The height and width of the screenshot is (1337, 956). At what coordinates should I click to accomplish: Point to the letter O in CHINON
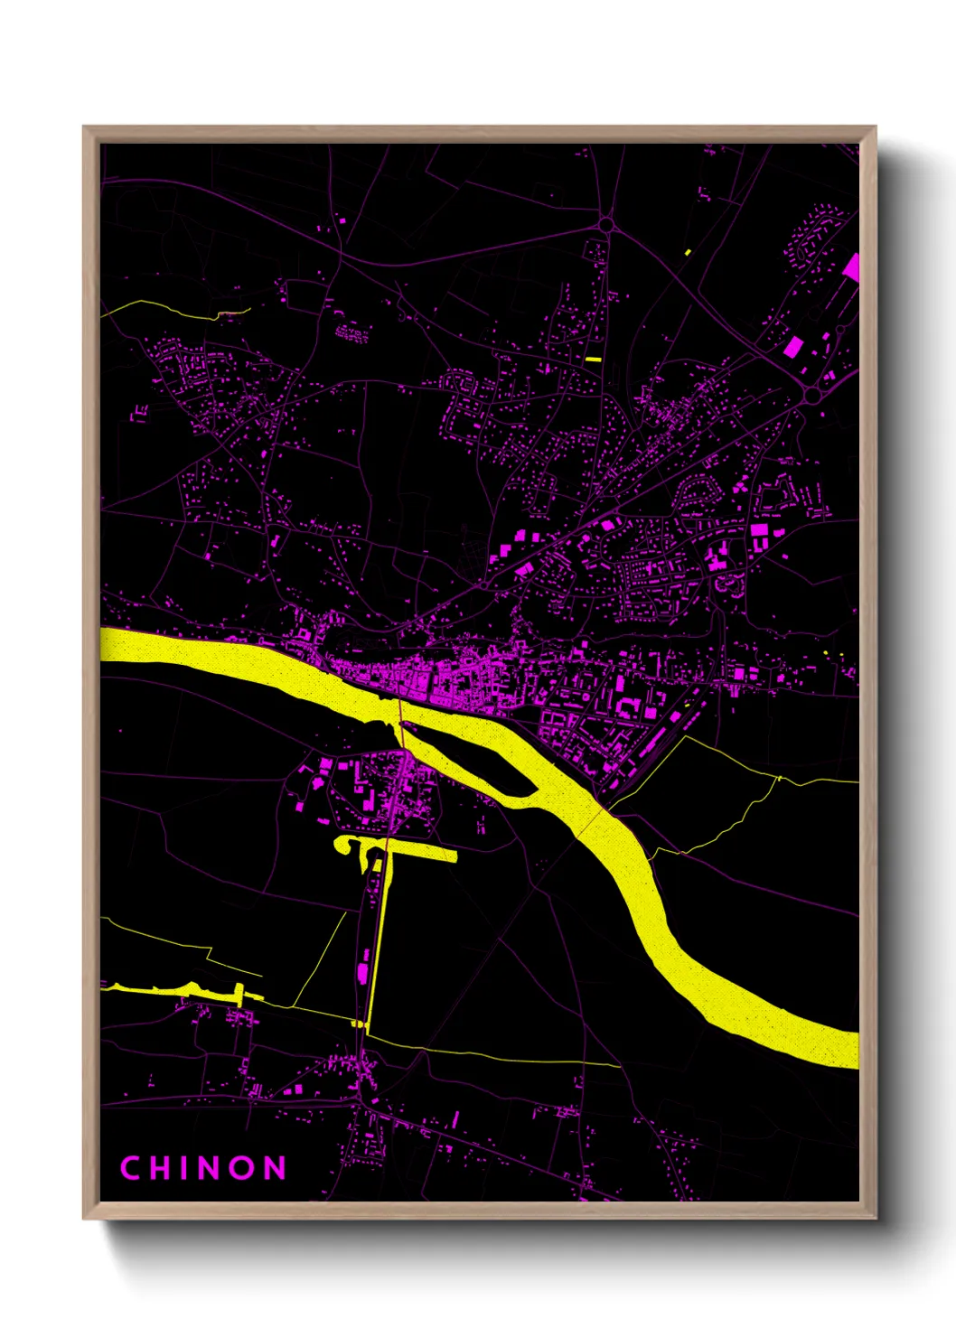pyautogui.click(x=242, y=1168)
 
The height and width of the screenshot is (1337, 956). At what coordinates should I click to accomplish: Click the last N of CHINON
pyautogui.click(x=275, y=1168)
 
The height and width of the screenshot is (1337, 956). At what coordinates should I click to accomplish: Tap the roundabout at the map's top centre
pyautogui.click(x=605, y=224)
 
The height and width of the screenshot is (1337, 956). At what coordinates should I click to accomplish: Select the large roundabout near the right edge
pyautogui.click(x=811, y=395)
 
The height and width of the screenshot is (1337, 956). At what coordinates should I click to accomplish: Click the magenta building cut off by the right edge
pyautogui.click(x=851, y=267)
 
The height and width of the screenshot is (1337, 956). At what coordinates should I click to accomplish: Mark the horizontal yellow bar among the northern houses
pyautogui.click(x=593, y=360)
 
